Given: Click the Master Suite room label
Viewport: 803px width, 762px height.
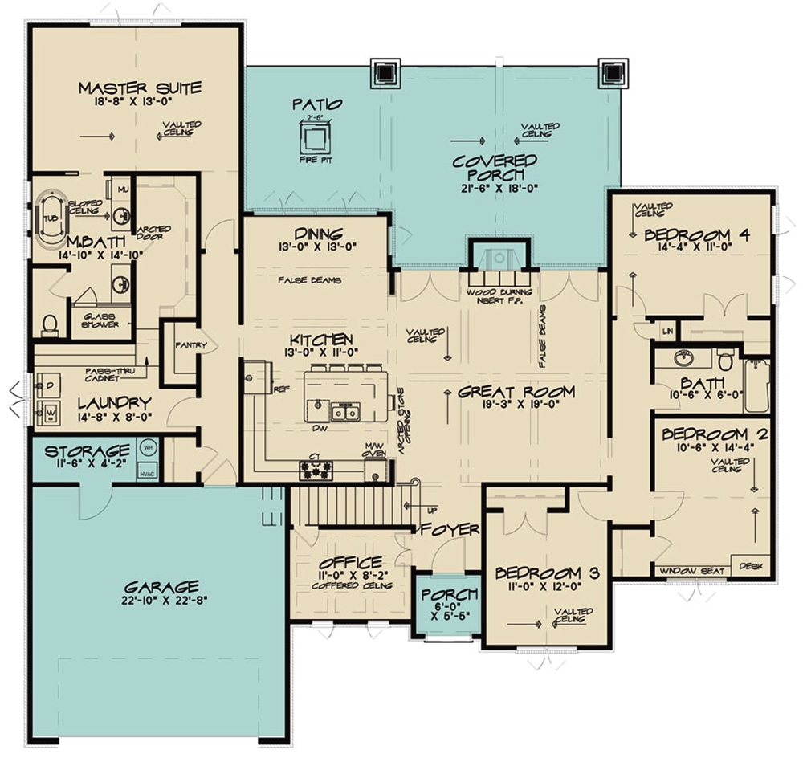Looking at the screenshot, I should coord(140,88).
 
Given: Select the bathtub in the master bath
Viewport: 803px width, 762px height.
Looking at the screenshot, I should coord(51,218).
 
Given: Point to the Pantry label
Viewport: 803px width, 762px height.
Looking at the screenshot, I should coord(191,346).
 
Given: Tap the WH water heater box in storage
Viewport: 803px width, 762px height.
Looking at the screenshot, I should coord(148,445).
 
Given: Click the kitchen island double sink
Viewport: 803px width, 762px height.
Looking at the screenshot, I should coord(347,413).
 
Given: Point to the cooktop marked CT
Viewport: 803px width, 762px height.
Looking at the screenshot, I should coord(316,470).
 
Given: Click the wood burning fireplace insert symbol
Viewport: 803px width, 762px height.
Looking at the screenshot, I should coord(498,259).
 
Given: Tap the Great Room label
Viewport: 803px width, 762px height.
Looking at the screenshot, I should coord(516,392).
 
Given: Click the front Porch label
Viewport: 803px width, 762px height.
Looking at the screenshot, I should coord(450,594).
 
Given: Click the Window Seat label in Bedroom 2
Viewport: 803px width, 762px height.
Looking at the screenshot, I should coord(692,571).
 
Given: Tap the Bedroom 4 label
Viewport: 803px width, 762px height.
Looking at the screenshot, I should coord(697,234).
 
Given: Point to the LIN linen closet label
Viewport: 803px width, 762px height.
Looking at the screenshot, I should coord(666,331).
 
